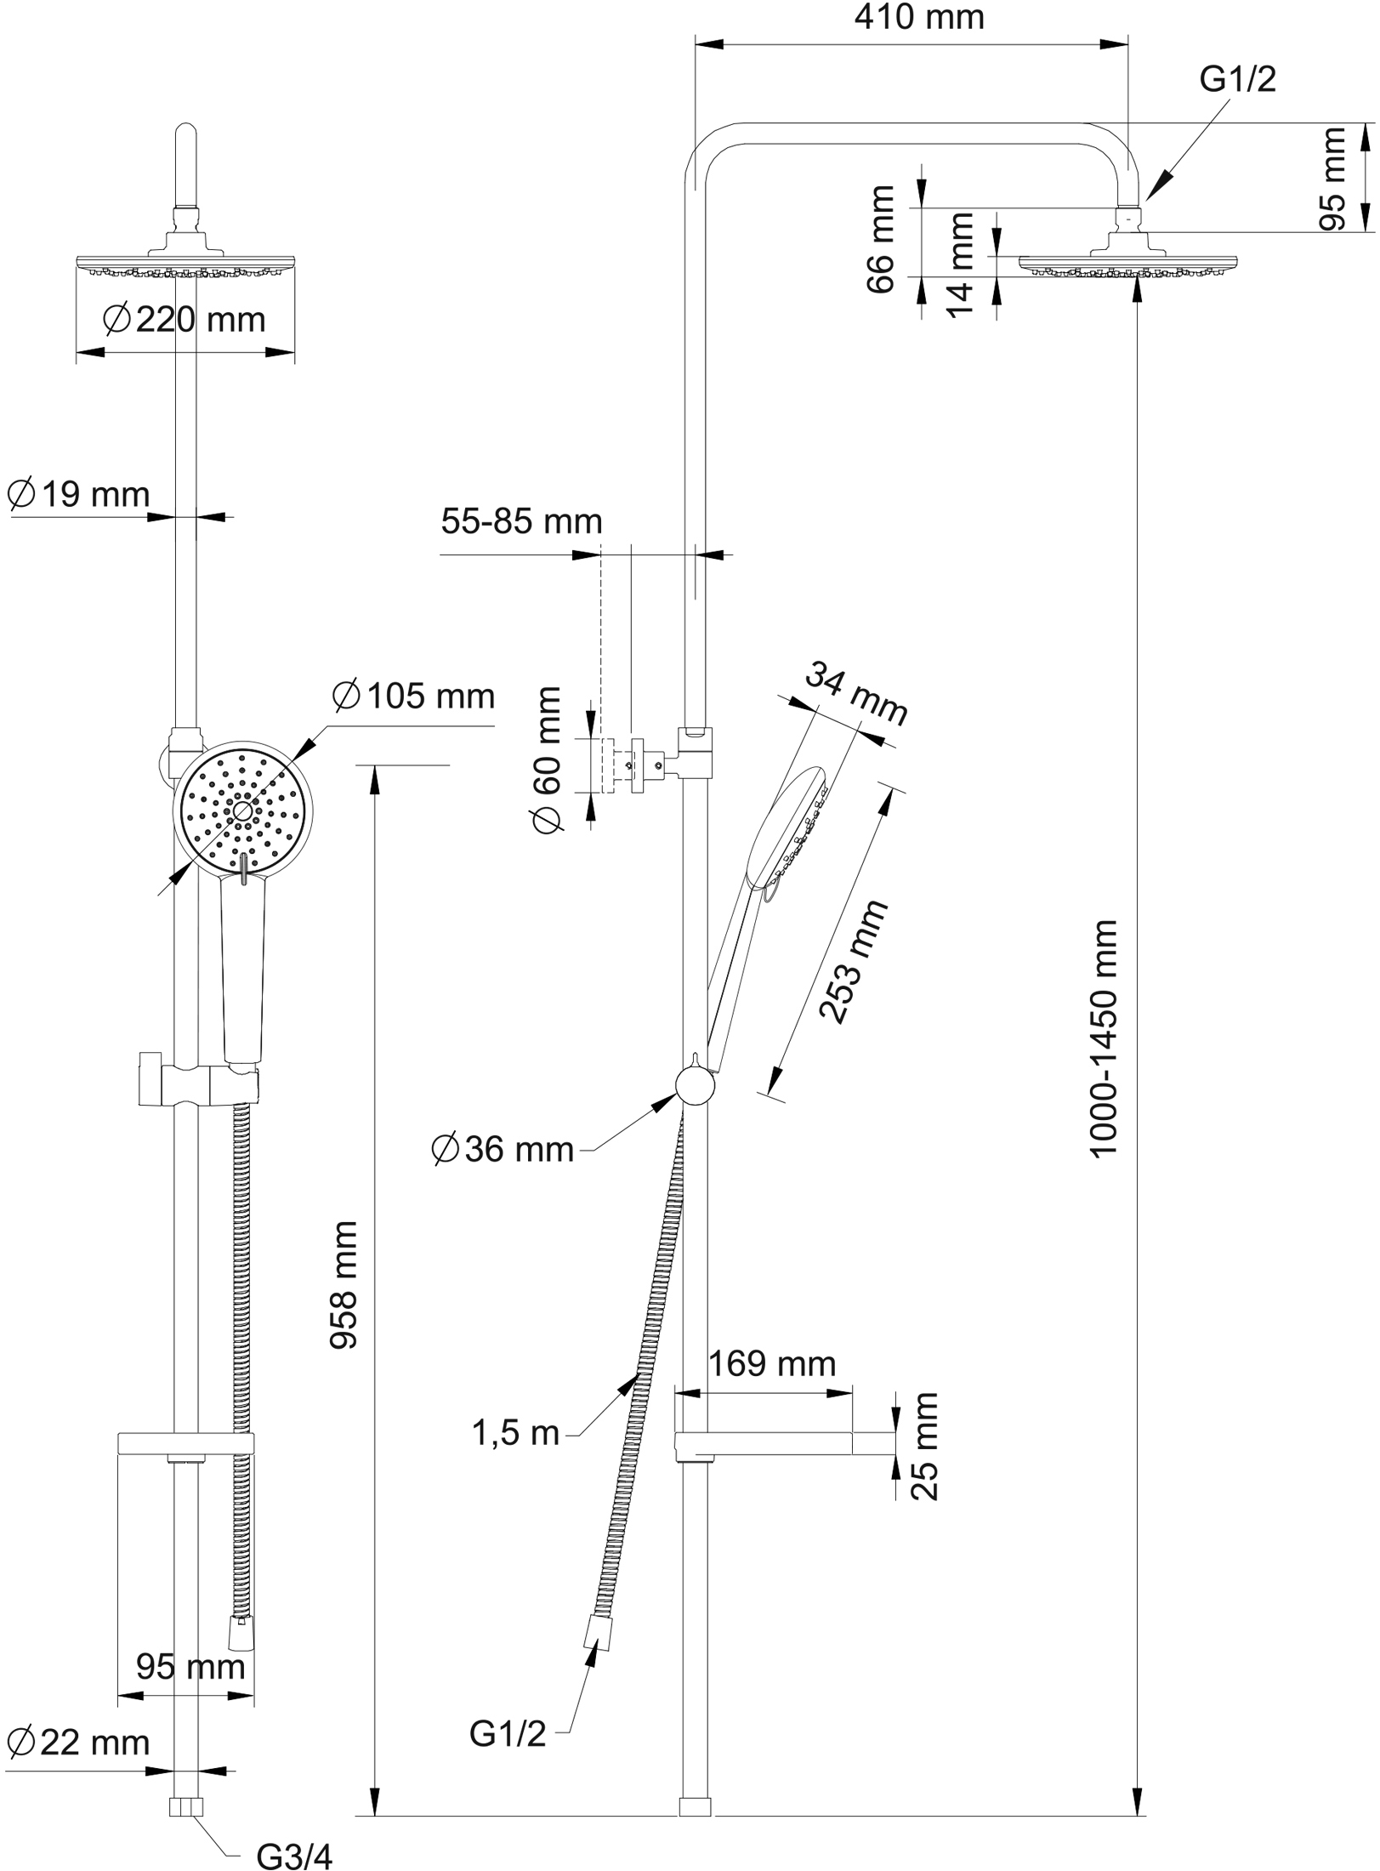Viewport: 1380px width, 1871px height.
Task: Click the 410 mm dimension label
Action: point(919,18)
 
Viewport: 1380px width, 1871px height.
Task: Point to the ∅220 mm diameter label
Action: point(184,320)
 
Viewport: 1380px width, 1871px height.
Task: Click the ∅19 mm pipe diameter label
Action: point(78,494)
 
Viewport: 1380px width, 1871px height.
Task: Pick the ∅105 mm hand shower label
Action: point(414,697)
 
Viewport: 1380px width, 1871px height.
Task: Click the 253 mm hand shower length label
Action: point(854,960)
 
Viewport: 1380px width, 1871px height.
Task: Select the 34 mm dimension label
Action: point(856,694)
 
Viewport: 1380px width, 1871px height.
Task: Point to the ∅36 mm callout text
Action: point(503,1150)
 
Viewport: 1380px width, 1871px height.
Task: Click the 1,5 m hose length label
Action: point(516,1434)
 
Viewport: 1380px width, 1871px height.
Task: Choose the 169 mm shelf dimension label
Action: point(772,1364)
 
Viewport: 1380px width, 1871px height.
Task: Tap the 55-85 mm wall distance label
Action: point(521,521)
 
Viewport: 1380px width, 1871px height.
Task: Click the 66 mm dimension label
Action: point(881,239)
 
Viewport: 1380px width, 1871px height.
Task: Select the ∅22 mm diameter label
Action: point(78,1743)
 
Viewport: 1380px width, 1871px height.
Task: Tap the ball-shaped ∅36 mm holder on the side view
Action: point(695,1086)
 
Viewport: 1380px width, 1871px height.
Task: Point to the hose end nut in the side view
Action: point(597,1634)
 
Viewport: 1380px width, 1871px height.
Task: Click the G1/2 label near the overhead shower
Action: point(1237,80)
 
